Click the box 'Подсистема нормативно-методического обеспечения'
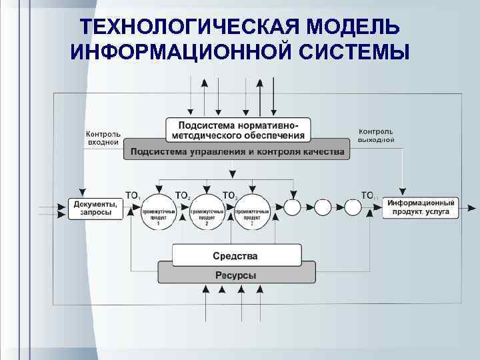pos(238,129)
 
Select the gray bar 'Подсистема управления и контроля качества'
pos(237,152)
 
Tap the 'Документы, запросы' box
pos(95,208)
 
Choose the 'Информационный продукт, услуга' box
pos(421,208)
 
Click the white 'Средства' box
pos(235,255)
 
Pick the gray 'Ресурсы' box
pos(235,275)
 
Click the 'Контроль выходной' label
pos(376,135)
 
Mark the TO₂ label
pos(182,195)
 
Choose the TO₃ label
pos(230,195)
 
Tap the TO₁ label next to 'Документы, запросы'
pos(133,195)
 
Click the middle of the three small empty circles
pos(323,207)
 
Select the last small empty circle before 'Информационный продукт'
pos(353,207)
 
